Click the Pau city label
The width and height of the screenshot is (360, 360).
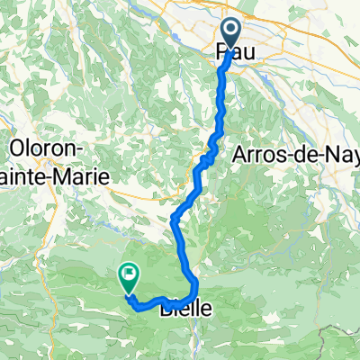pyautogui.click(x=232, y=56)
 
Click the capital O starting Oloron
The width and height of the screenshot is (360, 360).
pyautogui.click(x=15, y=146)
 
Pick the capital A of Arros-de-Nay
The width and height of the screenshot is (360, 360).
pyautogui.click(x=239, y=155)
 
